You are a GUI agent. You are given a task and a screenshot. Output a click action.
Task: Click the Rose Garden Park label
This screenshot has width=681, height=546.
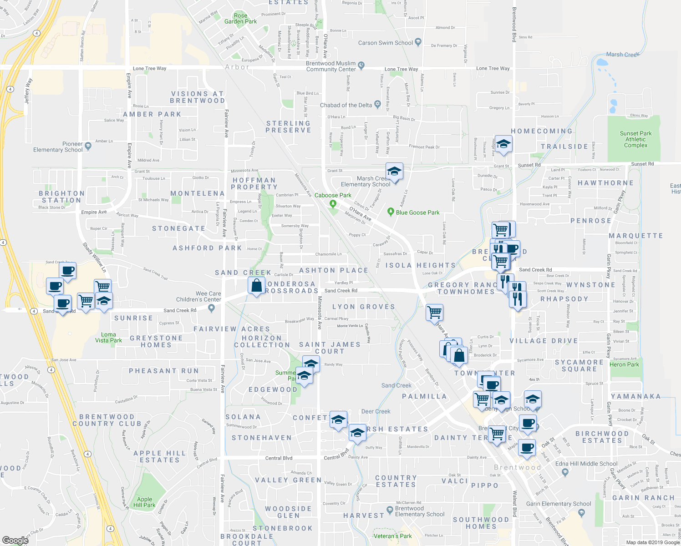click(240, 19)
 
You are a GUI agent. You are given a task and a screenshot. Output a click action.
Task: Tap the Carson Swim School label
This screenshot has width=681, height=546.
click(385, 43)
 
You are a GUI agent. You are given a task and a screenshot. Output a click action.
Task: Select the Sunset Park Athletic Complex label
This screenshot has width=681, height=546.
click(635, 139)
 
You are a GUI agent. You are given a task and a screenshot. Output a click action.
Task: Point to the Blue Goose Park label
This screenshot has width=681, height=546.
click(417, 212)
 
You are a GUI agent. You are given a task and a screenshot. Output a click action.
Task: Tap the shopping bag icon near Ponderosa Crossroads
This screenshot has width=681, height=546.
click(257, 286)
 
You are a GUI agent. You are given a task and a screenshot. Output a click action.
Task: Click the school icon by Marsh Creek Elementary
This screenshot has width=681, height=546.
click(394, 172)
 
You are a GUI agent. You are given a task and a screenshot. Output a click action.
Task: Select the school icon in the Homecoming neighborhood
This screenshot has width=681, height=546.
click(503, 145)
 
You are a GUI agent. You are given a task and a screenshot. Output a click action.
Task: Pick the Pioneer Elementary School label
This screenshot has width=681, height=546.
click(58, 147)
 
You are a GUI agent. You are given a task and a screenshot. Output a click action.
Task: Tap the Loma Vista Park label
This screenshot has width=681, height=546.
click(108, 337)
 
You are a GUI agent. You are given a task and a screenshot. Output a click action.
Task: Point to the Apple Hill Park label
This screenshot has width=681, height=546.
click(144, 502)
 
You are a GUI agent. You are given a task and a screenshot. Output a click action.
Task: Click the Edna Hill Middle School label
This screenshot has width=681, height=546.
click(586, 464)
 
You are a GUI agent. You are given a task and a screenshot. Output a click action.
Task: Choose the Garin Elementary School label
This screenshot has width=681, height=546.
click(559, 504)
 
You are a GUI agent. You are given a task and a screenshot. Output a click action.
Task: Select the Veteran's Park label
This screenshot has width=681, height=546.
click(392, 536)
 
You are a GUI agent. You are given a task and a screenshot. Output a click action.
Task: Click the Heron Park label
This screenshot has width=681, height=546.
click(624, 364)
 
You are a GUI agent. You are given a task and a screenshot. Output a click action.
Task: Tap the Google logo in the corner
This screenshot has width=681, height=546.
click(15, 540)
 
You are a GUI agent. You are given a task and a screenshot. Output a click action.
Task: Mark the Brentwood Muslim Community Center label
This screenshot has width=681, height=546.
click(331, 66)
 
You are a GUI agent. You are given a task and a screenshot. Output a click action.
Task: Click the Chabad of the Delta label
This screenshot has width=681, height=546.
click(346, 105)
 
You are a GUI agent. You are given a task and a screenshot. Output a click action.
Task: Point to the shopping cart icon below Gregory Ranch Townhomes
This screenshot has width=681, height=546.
click(435, 312)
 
